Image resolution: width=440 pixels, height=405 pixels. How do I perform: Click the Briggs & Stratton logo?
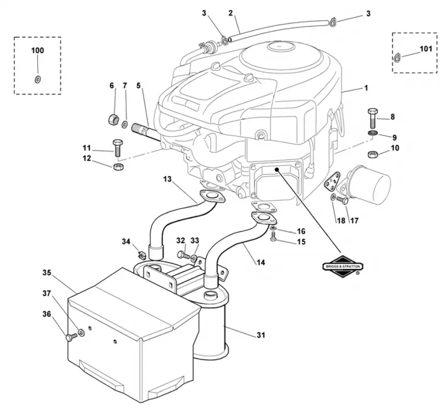[x=343, y=267]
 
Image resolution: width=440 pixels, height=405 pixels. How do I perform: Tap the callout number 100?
[x=37, y=51]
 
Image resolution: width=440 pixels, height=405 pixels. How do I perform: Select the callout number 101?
[x=426, y=49]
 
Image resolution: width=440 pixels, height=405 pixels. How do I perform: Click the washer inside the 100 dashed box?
[x=37, y=80]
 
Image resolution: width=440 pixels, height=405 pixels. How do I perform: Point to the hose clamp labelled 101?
[x=397, y=58]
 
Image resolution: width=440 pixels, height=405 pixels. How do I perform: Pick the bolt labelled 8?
[x=373, y=118]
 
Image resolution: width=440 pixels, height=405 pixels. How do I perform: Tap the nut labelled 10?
[x=373, y=154]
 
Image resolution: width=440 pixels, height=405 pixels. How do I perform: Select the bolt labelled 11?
[x=117, y=148]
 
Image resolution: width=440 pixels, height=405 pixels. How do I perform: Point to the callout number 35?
[x=47, y=272]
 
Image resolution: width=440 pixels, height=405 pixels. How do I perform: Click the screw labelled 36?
[x=72, y=337]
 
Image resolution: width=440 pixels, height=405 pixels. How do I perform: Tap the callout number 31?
[x=261, y=335]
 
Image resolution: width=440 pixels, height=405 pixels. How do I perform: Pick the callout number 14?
[x=261, y=263]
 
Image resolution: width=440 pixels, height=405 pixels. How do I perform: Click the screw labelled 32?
[x=182, y=254]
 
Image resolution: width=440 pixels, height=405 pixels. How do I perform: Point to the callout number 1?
[x=366, y=88]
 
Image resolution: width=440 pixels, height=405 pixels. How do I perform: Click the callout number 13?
[x=167, y=179]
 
